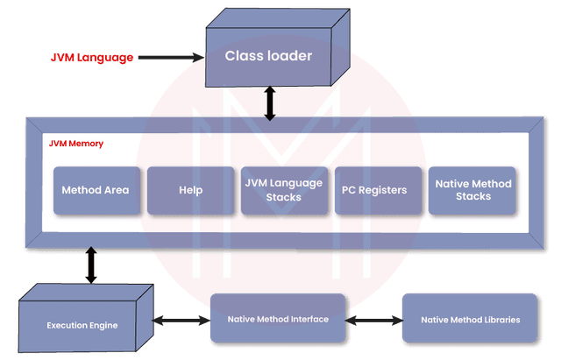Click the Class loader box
tap(268, 57)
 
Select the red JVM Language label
tap(91, 57)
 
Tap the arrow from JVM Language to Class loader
tap(170, 57)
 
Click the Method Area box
tap(96, 190)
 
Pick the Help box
tap(190, 190)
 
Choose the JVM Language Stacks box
tap(284, 190)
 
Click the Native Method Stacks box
tap(473, 190)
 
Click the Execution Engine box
tap(82, 325)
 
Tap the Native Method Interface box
tap(279, 319)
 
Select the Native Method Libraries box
tap(470, 319)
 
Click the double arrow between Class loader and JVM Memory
tap(271, 102)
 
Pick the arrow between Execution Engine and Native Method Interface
tap(181, 319)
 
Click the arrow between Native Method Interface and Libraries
tap(374, 319)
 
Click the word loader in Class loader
tap(290, 57)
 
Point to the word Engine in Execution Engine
tap(103, 325)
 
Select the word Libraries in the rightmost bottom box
tap(500, 319)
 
